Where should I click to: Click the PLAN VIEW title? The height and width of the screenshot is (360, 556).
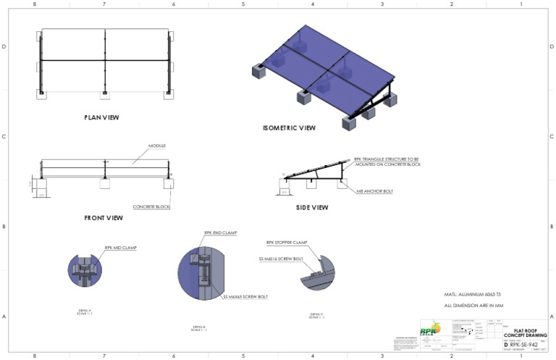point(101,117)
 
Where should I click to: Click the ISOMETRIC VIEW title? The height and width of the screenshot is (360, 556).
point(289,128)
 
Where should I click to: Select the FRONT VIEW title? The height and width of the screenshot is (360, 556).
point(104,217)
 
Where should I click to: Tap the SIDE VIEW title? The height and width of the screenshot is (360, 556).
point(311,208)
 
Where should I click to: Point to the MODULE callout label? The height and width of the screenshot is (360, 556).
point(157,146)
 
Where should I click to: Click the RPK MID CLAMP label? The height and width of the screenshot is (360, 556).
point(120,247)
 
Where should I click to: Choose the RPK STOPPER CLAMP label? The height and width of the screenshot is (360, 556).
point(288,243)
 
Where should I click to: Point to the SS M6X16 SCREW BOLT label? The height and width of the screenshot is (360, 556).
point(281,258)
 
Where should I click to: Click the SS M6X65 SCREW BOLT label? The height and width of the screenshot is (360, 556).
point(245,296)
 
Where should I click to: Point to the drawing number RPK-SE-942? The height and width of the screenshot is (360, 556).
point(525,346)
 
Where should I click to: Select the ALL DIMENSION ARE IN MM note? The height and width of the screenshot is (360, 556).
point(473,306)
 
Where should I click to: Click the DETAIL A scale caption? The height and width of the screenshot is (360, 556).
point(85,312)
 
